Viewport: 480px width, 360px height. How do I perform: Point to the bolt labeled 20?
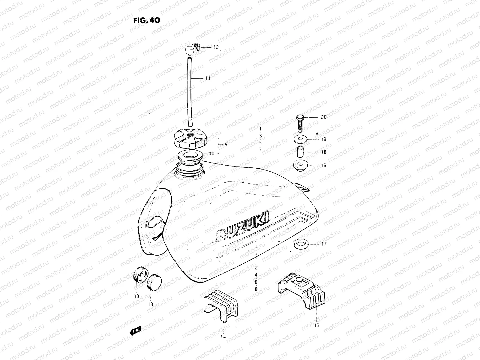(x=300, y=122)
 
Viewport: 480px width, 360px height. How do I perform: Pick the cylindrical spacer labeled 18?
(x=300, y=152)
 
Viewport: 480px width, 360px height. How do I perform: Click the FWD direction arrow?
(x=136, y=330)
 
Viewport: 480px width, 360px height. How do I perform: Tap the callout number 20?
(x=323, y=117)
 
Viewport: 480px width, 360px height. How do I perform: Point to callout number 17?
(x=324, y=244)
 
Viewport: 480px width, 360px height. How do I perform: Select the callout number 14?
(x=223, y=337)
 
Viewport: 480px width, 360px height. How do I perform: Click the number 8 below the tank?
(x=256, y=289)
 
